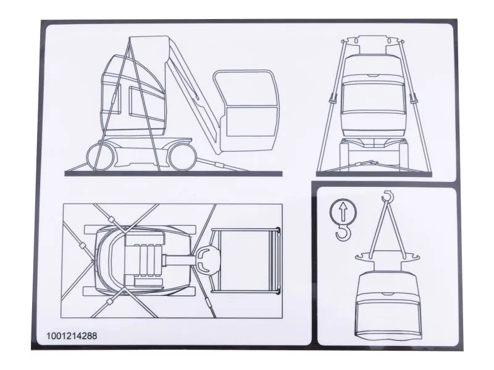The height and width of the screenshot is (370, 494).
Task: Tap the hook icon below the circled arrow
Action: (x=341, y=232)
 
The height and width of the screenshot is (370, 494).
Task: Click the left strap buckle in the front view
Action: (x=332, y=98)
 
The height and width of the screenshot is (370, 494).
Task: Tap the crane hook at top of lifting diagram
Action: (x=388, y=197)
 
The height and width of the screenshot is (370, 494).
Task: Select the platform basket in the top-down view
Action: (x=244, y=259)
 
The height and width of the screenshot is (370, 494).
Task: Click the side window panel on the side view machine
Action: (x=138, y=101)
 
